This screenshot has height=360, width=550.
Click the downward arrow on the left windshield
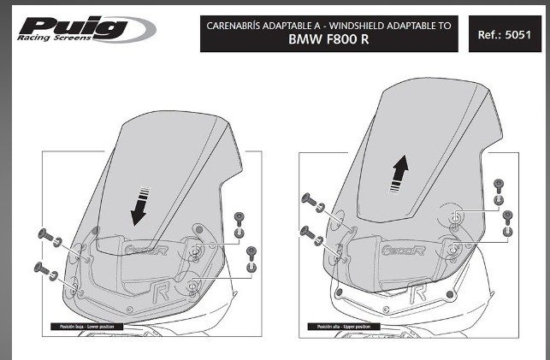(137, 205)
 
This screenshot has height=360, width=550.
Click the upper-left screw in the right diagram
(309, 200)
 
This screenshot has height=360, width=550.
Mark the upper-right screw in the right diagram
(500, 183)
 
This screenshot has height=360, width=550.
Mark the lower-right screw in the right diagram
(507, 214)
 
